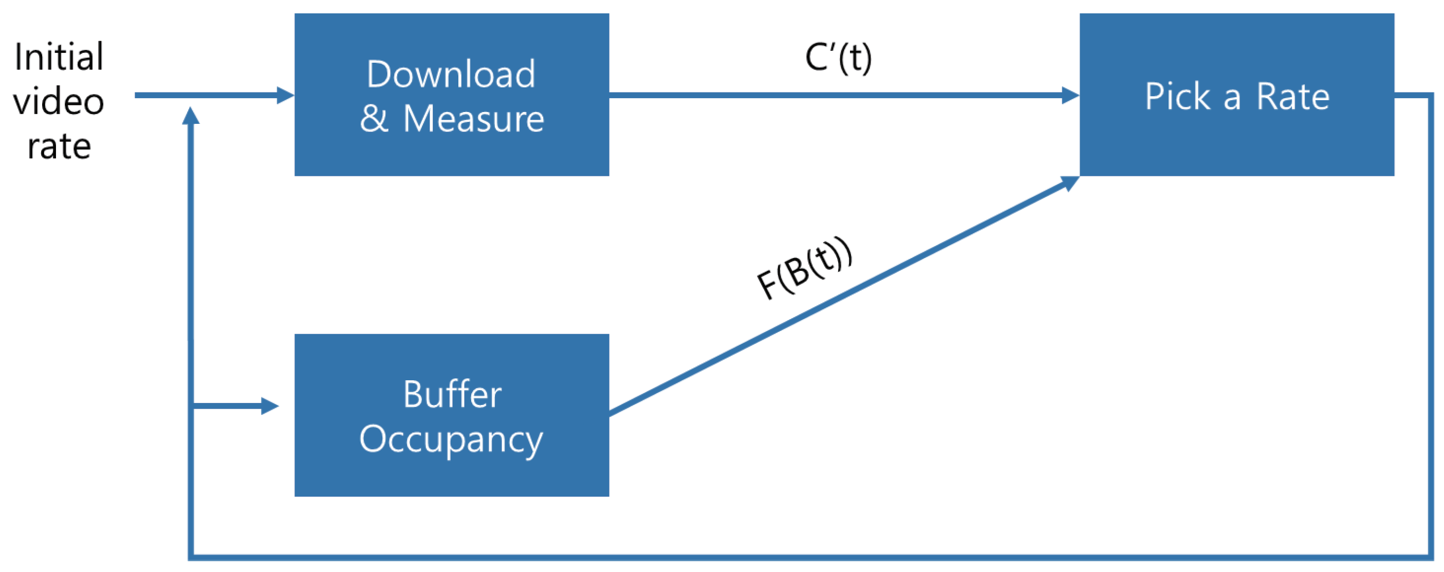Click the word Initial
tap(59, 57)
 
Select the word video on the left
tap(59, 102)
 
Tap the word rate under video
tap(59, 147)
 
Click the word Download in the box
tap(451, 74)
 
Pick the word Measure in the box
tap(474, 119)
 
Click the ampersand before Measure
tap(375, 119)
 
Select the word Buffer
tap(452, 394)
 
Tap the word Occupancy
tap(451, 439)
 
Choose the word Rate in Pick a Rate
tap(1292, 97)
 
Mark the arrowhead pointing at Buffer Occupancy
tap(270, 405)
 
